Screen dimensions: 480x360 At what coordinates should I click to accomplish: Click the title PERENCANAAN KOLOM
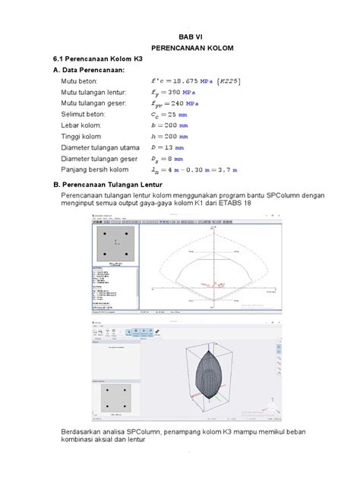click(191, 48)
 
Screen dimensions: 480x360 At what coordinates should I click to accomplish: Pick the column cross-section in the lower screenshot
click(117, 396)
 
